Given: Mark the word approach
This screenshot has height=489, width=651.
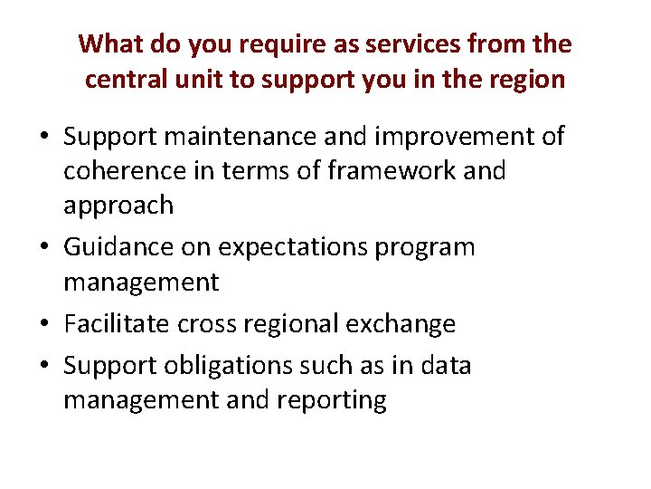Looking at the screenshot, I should pos(118,206).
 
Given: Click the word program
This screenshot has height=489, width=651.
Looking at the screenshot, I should pos(426,247).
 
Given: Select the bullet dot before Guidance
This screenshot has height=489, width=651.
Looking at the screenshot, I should pos(43,247).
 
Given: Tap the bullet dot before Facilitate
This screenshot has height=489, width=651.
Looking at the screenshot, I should pos(43,323).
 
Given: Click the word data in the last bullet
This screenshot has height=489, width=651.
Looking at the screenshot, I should pos(447,365).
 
